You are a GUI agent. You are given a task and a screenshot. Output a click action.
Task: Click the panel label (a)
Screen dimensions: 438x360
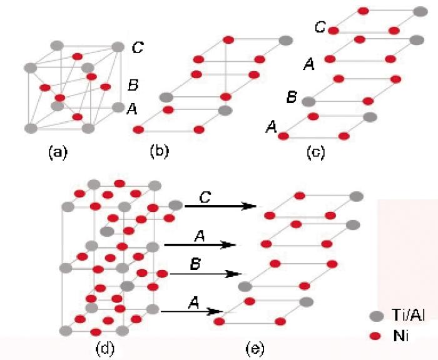click(58, 152)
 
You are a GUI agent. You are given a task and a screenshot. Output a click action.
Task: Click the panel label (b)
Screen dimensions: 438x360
click(159, 151)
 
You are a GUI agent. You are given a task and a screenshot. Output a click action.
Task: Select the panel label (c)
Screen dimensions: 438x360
click(315, 152)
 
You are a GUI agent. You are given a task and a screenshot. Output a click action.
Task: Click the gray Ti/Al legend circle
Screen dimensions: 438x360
click(376, 316)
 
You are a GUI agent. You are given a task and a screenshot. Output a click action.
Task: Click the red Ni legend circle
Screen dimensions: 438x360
click(375, 336)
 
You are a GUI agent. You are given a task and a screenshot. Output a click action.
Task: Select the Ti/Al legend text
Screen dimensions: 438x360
click(408, 315)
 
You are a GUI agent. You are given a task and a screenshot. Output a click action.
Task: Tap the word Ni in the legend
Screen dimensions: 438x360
click(400, 336)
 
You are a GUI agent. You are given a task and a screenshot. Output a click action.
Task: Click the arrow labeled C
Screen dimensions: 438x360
click(221, 206)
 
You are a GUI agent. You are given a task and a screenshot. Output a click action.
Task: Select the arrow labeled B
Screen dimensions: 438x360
click(206, 274)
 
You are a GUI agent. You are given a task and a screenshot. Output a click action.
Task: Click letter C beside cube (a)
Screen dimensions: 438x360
click(138, 47)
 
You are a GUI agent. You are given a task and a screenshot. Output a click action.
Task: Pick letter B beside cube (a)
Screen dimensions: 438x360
click(133, 85)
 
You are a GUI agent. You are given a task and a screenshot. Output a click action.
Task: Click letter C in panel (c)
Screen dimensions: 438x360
click(320, 27)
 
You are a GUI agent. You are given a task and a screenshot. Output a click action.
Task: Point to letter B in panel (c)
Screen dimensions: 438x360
click(292, 97)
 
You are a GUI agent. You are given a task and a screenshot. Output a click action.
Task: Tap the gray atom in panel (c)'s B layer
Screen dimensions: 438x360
click(308, 102)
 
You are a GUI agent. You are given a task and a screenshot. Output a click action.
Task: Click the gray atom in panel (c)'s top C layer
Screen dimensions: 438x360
click(420, 12)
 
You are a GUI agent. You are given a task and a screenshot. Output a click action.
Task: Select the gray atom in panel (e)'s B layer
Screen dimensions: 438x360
click(245, 286)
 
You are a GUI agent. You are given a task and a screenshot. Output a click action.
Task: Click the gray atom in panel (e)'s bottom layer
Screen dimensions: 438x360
click(307, 302)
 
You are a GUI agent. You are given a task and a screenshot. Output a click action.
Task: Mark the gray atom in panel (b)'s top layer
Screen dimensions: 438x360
click(286, 41)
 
